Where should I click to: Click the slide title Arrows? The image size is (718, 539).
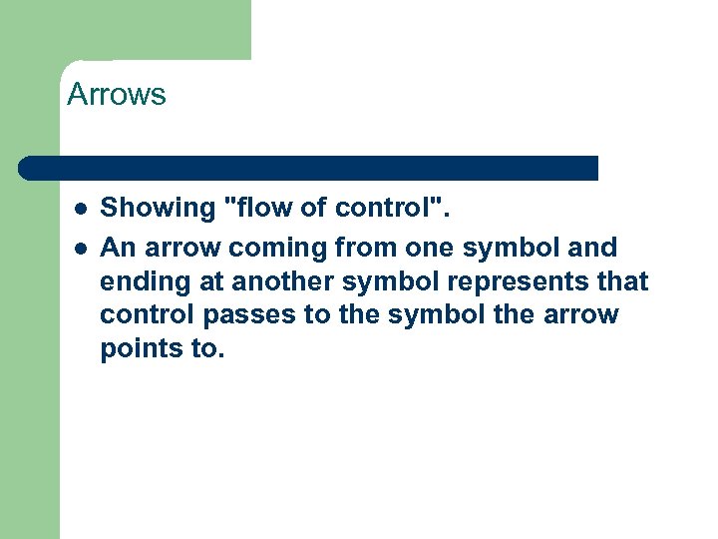pos(116,96)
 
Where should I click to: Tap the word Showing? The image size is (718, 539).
pos(160,210)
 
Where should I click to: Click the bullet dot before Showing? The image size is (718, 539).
pos(80,210)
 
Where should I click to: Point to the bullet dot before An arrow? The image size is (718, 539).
pos(80,247)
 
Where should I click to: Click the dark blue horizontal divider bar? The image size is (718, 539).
pos(309,168)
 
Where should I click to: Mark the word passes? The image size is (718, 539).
pos(247,315)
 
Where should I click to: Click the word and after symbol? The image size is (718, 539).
pos(592,247)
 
